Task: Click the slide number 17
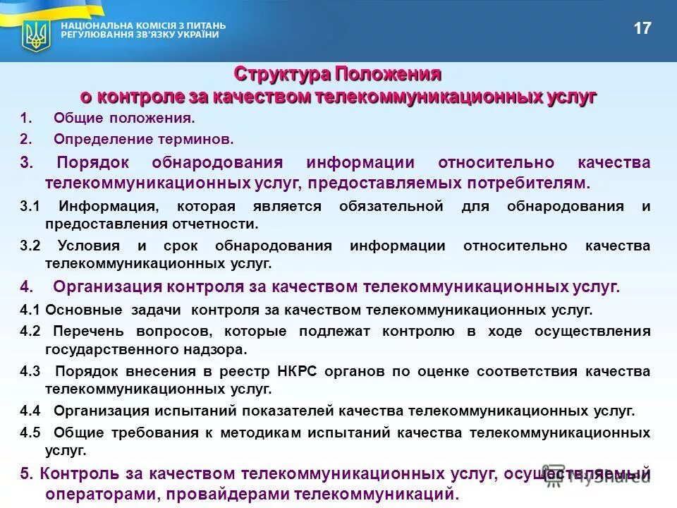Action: pyautogui.click(x=642, y=29)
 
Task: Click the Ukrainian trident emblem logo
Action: pyautogui.click(x=35, y=35)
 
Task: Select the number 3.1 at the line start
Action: pyautogui.click(x=30, y=206)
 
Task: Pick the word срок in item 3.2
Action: pyautogui.click(x=179, y=246)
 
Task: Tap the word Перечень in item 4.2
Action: pyautogui.click(x=89, y=331)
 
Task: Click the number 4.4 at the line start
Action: pyautogui.click(x=30, y=411)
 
